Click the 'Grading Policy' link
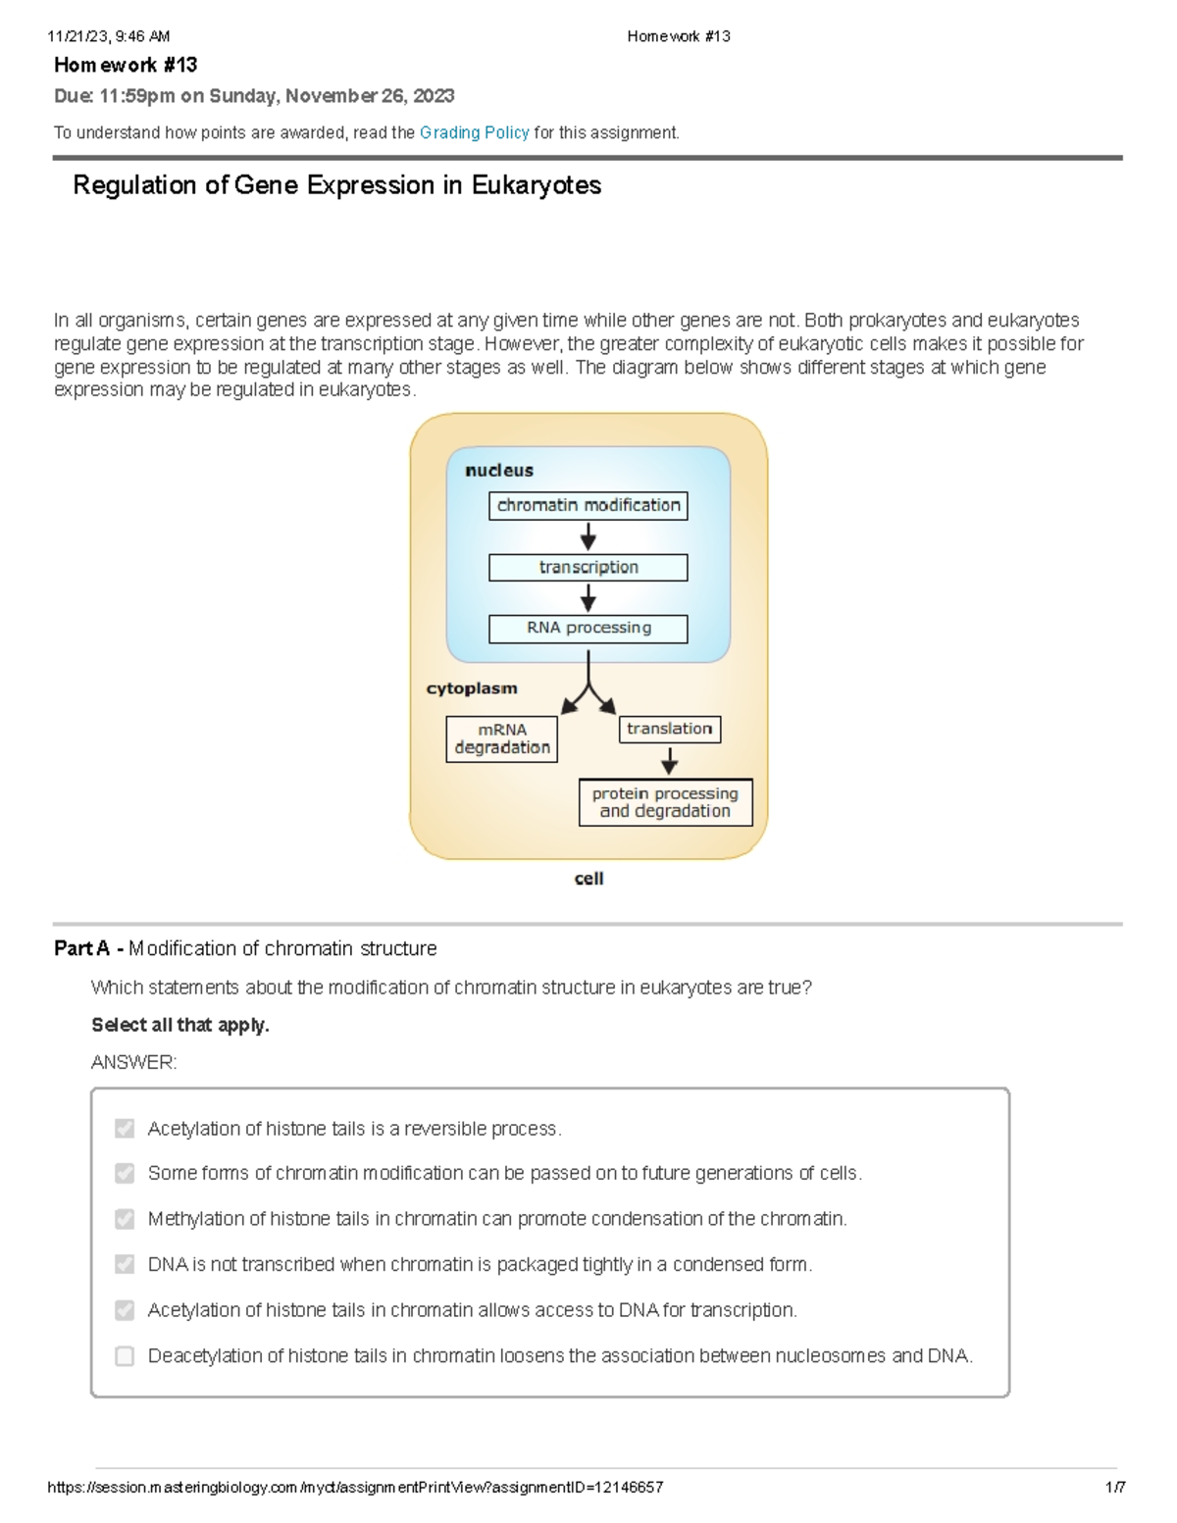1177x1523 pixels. point(474,132)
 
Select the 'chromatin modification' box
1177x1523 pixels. point(588,505)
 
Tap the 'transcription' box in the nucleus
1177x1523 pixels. point(588,567)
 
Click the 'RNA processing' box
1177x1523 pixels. point(588,628)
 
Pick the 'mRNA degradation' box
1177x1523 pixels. point(501,738)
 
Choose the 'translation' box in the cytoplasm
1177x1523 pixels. point(669,729)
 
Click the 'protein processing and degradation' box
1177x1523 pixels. point(665,802)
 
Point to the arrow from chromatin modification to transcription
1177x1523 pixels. point(588,536)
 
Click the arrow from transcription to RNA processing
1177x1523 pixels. point(588,597)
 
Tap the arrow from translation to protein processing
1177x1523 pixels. point(669,760)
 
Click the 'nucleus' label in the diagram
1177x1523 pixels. point(499,471)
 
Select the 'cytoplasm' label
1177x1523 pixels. point(471,688)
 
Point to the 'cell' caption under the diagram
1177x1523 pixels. point(588,879)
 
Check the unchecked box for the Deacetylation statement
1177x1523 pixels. point(125,1356)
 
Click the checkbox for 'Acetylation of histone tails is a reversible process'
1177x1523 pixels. point(125,1129)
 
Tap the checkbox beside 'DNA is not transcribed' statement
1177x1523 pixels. point(125,1265)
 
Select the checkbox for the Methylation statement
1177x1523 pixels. point(125,1219)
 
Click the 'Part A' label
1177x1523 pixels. point(81,948)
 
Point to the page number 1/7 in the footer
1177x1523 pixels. point(1115,1487)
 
